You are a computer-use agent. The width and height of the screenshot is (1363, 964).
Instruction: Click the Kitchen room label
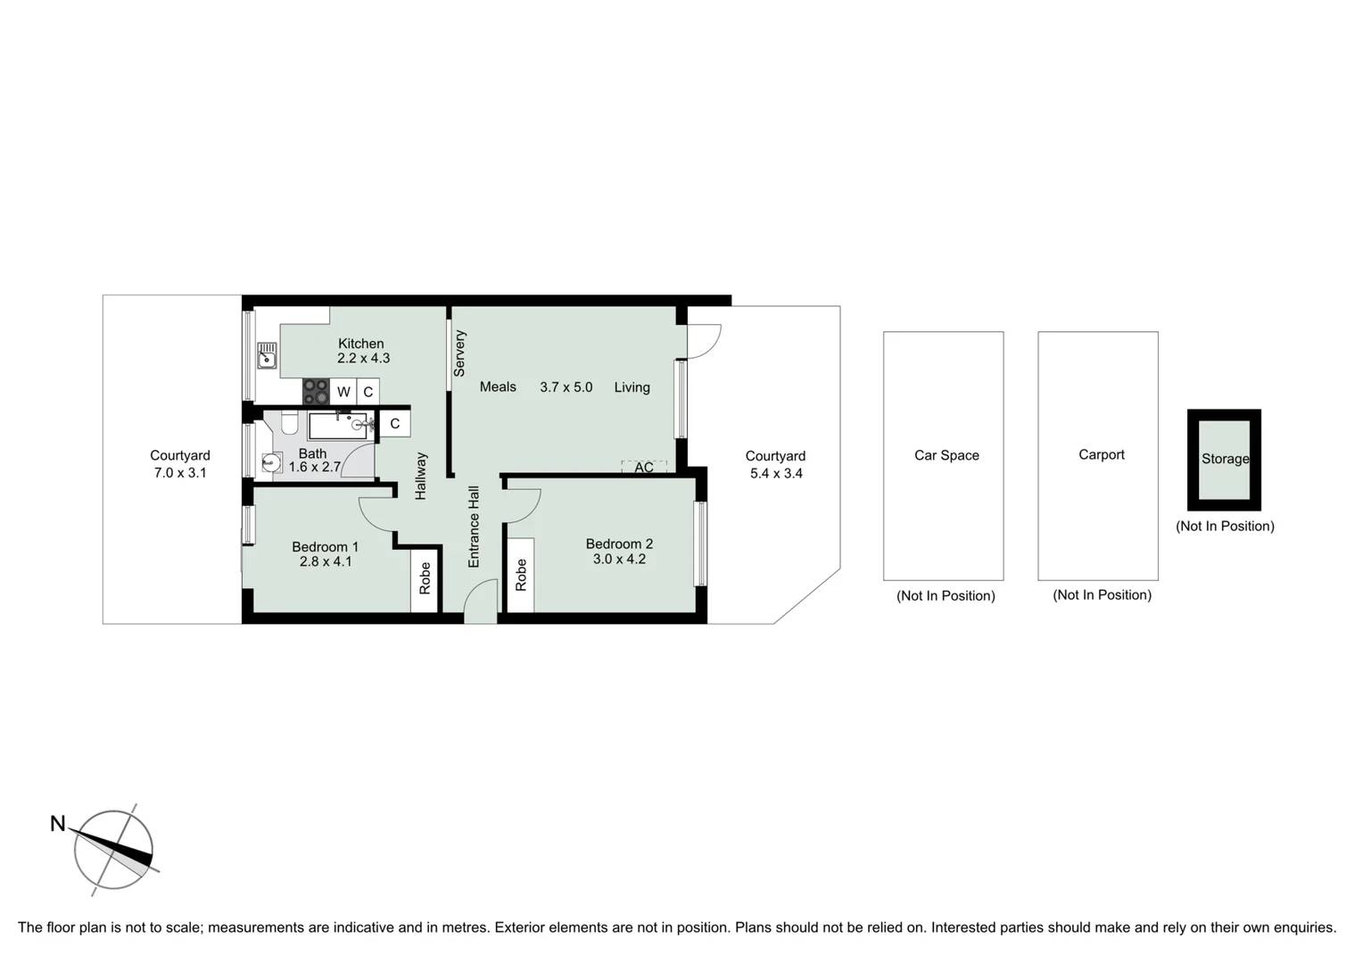click(360, 344)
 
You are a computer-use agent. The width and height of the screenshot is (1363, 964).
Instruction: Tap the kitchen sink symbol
click(267, 355)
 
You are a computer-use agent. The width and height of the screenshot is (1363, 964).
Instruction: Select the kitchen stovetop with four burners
click(316, 392)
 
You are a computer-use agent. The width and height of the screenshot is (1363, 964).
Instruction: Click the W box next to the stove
click(343, 392)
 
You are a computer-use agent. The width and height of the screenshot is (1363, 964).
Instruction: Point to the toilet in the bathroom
click(289, 422)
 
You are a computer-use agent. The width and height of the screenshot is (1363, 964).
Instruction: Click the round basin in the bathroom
click(271, 462)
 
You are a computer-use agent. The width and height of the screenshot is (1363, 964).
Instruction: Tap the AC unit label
click(644, 468)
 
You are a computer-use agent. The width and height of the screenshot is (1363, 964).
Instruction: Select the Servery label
click(460, 353)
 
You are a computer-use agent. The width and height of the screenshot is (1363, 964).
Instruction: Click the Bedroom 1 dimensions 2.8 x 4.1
click(326, 562)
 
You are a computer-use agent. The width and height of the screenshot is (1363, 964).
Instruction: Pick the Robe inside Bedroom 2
click(521, 576)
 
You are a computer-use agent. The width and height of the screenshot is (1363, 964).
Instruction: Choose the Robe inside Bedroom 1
click(425, 578)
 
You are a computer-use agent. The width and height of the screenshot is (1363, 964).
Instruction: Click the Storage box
click(1224, 460)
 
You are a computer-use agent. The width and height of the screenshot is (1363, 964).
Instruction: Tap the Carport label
click(1102, 455)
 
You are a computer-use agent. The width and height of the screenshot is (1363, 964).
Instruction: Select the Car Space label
click(946, 455)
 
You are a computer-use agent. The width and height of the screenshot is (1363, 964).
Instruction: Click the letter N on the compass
click(58, 824)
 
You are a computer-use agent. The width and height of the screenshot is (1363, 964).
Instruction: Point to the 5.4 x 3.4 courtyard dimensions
click(776, 474)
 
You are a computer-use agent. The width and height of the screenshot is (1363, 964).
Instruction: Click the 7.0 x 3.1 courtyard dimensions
click(180, 473)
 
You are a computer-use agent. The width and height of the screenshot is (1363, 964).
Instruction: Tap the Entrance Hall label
click(474, 527)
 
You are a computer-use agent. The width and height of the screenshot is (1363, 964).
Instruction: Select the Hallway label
click(421, 476)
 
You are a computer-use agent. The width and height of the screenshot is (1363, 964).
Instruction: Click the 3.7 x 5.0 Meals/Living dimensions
click(566, 387)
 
